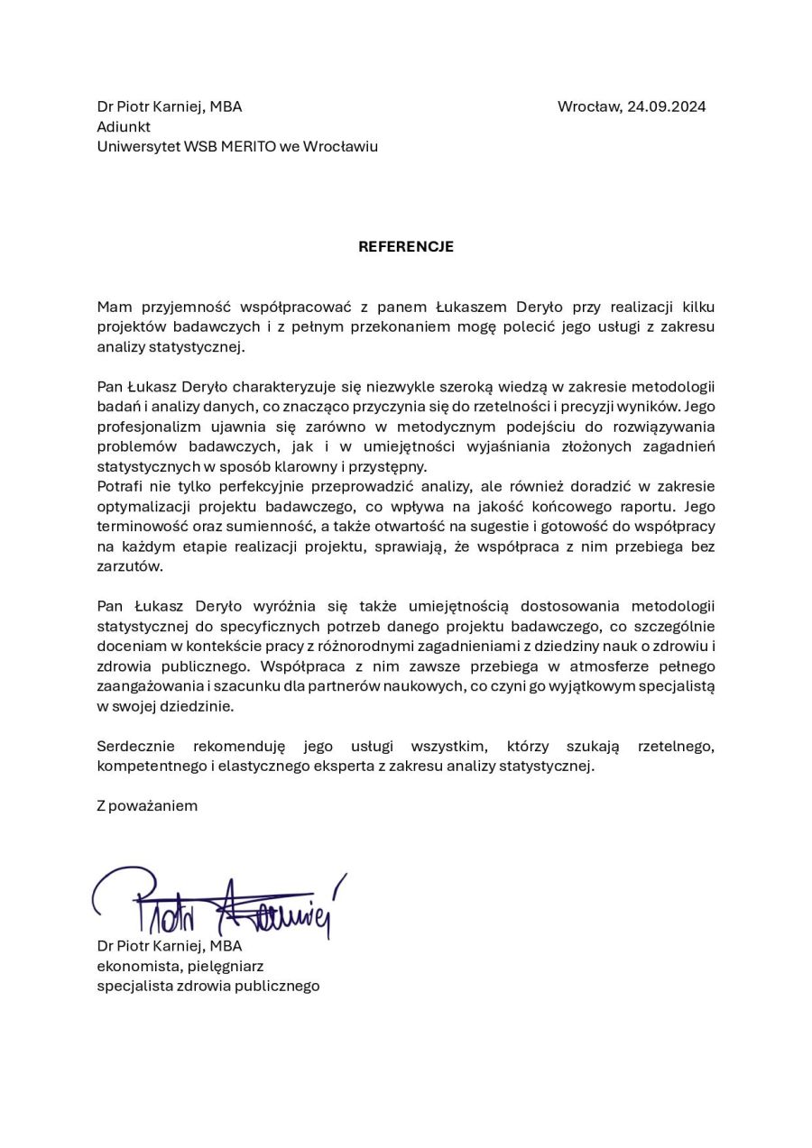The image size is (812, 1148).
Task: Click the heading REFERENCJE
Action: [x=406, y=246]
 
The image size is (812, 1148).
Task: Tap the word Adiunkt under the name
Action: [x=124, y=126]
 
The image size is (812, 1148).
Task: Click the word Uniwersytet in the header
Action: [x=138, y=146]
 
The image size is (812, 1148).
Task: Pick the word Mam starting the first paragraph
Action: [x=114, y=307]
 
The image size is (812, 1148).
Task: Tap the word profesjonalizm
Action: [x=143, y=426]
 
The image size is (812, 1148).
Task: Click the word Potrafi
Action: [x=119, y=486]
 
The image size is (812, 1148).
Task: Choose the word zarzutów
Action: [x=130, y=565]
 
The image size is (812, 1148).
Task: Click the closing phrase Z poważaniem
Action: [x=147, y=805]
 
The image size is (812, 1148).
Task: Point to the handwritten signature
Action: [x=218, y=902]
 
